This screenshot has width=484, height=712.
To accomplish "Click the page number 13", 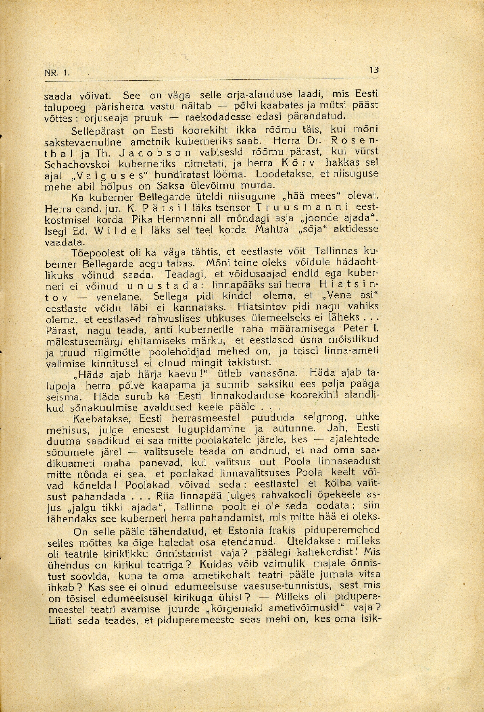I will click(374, 70).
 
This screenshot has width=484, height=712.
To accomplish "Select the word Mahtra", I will click(271, 230).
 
